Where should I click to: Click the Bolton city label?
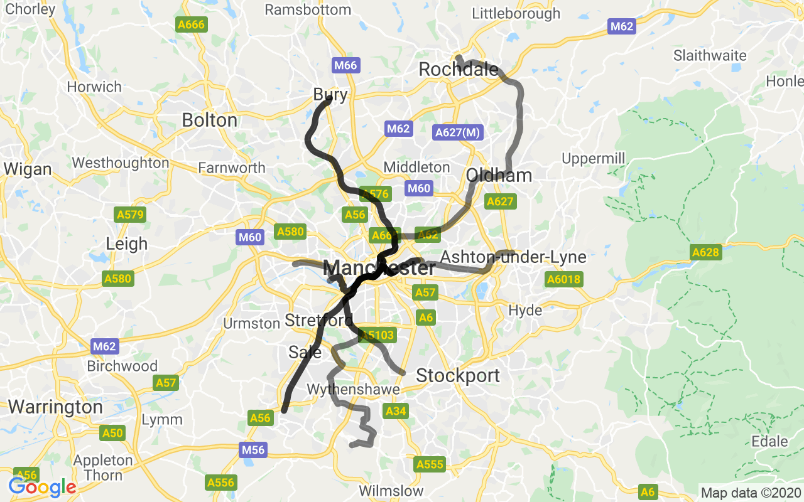coord(210,120)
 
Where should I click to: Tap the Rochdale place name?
coord(459,70)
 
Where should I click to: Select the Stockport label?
coord(458,376)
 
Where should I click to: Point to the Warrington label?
coord(55,407)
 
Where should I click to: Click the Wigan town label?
coord(28,169)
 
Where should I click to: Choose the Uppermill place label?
coord(594,159)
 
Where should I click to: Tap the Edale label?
coord(769,441)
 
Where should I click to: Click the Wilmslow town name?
coord(391,491)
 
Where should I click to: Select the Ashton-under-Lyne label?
coord(513,257)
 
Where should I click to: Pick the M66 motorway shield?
coord(345,65)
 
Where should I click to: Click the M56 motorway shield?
coord(253,450)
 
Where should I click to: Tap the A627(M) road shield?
coord(458,132)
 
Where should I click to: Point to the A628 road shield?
coord(705,252)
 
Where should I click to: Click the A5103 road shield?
coord(377,335)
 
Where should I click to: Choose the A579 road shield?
coord(131,215)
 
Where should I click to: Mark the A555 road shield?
coord(430,465)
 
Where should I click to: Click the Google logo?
coord(42,487)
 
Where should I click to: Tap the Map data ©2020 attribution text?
coord(751,493)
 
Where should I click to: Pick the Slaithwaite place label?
coord(710,55)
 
